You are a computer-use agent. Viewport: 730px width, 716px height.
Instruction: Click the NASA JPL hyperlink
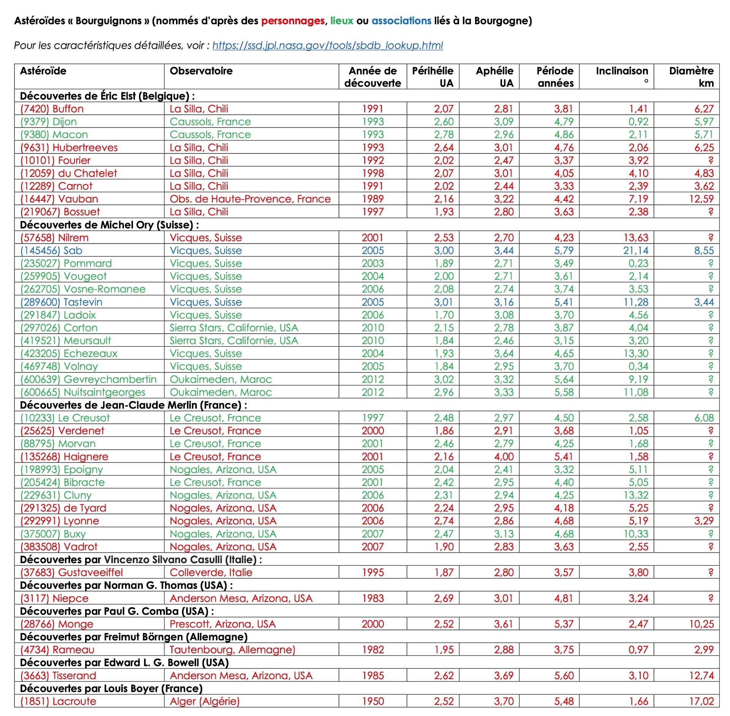[x=328, y=46]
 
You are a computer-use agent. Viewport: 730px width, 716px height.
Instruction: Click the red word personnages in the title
[x=293, y=21]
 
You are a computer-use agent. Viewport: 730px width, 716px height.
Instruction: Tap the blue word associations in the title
[x=401, y=21]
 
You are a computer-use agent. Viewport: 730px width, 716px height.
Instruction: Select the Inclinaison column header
[x=622, y=71]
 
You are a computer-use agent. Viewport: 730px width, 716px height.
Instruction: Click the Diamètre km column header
[x=691, y=77]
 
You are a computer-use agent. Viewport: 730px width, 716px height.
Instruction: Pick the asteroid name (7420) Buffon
[x=52, y=109]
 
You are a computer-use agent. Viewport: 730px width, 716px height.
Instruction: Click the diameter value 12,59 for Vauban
[x=701, y=199]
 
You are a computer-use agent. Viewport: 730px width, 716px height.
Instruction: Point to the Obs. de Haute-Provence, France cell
[x=250, y=199]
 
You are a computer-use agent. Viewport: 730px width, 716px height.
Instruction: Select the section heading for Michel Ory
[x=109, y=225]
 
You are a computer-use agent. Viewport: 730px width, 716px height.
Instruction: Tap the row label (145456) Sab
[x=51, y=251]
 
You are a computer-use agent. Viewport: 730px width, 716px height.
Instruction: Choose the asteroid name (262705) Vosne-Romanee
[x=83, y=289]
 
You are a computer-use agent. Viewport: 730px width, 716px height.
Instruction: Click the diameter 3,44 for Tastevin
[x=704, y=302]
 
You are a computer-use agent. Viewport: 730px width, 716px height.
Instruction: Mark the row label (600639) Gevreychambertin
[x=88, y=379]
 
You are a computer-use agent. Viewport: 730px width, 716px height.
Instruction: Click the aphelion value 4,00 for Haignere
[x=504, y=457]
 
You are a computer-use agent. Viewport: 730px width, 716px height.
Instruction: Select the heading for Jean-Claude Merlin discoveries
[x=133, y=405]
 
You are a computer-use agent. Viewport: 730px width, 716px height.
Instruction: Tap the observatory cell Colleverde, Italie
[x=211, y=573]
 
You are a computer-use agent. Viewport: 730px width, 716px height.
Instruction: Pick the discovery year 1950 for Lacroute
[x=373, y=702]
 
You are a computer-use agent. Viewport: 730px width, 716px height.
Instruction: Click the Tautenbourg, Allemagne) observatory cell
[x=232, y=650]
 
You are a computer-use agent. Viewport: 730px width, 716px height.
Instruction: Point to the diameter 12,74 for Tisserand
[x=701, y=676]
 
